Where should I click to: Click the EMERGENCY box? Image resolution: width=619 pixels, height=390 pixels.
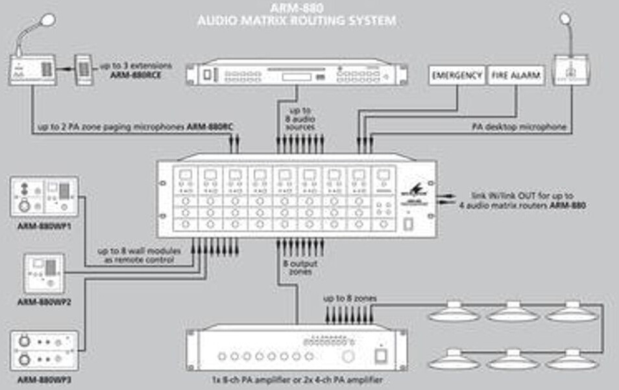tap(457, 76)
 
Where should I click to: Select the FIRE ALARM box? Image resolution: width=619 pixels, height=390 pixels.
tap(516, 76)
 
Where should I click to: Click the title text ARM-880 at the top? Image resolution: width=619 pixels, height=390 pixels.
tap(297, 8)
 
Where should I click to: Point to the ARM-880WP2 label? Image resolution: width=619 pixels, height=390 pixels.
tap(45, 302)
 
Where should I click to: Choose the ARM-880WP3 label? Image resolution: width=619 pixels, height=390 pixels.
tap(45, 379)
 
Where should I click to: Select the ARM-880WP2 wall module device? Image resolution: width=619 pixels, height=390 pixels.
tap(45, 273)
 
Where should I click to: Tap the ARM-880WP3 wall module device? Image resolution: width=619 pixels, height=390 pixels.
tap(45, 350)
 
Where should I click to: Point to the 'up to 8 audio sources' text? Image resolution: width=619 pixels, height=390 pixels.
tap(296, 120)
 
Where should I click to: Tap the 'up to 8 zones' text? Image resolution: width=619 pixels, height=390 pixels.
tap(350, 299)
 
